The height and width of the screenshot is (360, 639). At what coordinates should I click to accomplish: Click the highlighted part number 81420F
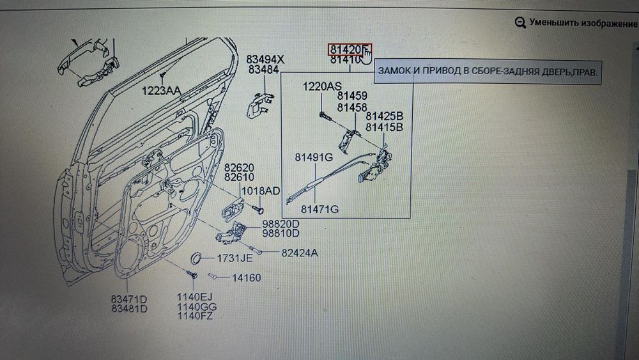(x=346, y=49)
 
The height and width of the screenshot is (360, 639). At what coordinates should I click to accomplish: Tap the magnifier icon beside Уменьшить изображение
(x=520, y=22)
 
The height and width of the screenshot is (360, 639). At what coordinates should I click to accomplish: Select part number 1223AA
(x=161, y=90)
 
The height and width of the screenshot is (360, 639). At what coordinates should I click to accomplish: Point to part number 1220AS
(x=322, y=86)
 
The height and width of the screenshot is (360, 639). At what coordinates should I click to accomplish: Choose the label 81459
(x=352, y=97)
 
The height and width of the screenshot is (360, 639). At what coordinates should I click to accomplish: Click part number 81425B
(x=384, y=116)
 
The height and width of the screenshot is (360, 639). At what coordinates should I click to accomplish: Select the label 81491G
(x=314, y=157)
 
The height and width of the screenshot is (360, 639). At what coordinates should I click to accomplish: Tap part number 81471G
(x=319, y=209)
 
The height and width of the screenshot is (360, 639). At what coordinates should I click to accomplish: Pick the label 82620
(x=239, y=166)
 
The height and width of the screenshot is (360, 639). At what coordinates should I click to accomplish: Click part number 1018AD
(x=260, y=191)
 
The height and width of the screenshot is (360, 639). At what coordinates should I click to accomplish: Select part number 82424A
(x=299, y=253)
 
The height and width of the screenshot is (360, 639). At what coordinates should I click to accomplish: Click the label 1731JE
(x=235, y=258)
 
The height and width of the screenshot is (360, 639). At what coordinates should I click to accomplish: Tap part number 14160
(x=246, y=278)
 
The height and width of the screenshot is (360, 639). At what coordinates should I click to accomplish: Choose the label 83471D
(x=129, y=299)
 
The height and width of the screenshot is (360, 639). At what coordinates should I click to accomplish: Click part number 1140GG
(x=195, y=307)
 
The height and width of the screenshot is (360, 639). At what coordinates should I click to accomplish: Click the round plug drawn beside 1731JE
(x=198, y=258)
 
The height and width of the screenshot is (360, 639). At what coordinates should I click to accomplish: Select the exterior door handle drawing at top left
(x=89, y=62)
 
